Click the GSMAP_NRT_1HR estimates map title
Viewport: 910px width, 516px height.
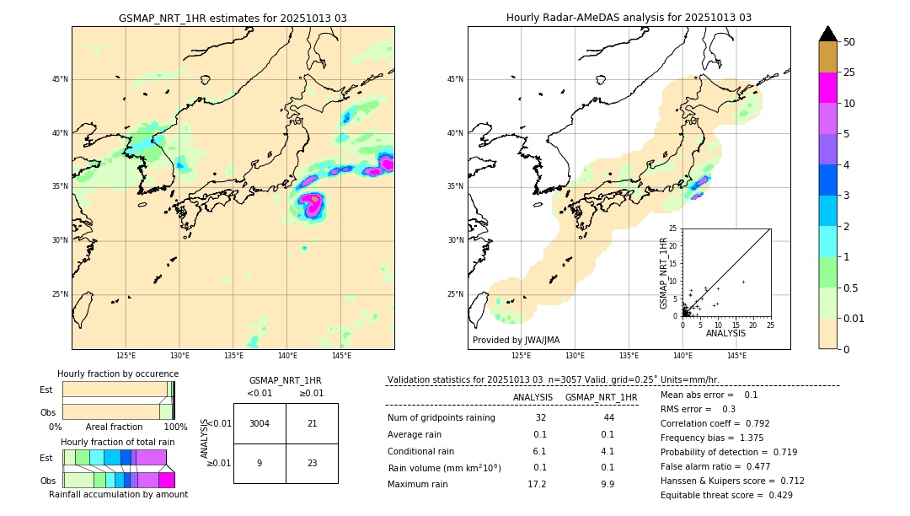pyautogui.click(x=233, y=18)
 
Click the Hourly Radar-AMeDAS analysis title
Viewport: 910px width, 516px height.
pyautogui.click(x=629, y=18)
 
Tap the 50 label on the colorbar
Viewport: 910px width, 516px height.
pyautogui.click(x=849, y=42)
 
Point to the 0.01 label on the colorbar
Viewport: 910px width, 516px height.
pyautogui.click(x=853, y=318)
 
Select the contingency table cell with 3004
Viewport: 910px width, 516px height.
pyautogui.click(x=260, y=423)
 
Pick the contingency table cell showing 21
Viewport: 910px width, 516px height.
pyautogui.click(x=312, y=423)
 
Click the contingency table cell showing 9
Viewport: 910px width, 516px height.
pyautogui.click(x=260, y=463)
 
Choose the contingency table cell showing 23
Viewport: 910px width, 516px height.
pyautogui.click(x=312, y=463)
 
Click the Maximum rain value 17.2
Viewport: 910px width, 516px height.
pyautogui.click(x=537, y=485)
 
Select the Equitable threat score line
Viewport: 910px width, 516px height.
pyautogui.click(x=726, y=495)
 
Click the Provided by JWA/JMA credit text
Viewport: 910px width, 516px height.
pyautogui.click(x=516, y=340)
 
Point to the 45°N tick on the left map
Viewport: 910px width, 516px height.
pyautogui.click(x=60, y=79)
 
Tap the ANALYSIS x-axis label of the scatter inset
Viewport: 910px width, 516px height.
pyautogui.click(x=725, y=333)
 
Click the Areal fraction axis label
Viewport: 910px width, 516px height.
pyautogui.click(x=114, y=427)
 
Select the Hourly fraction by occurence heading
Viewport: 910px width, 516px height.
pyautogui.click(x=118, y=374)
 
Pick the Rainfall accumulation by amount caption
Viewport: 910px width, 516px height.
pyautogui.click(x=118, y=495)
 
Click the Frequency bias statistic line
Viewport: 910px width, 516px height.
pyautogui.click(x=710, y=438)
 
